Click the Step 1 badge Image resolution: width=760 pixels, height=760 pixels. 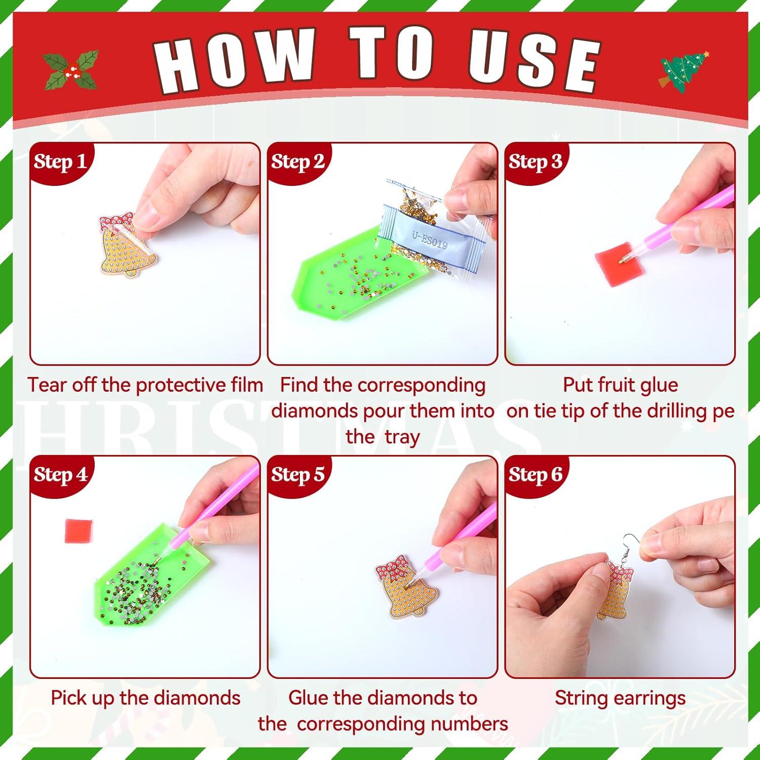click(x=60, y=162)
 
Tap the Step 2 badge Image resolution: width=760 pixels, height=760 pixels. click(x=297, y=162)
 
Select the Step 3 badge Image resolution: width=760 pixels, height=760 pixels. click(x=535, y=162)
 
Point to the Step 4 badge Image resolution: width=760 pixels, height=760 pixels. click(x=60, y=475)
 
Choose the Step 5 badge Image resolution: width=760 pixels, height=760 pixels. click(x=297, y=475)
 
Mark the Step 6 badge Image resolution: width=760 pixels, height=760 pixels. click(x=535, y=475)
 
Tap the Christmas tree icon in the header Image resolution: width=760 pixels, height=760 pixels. click(x=684, y=71)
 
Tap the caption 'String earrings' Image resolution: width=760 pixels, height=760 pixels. click(x=620, y=698)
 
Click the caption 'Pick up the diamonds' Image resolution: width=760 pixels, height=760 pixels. click(x=145, y=698)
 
